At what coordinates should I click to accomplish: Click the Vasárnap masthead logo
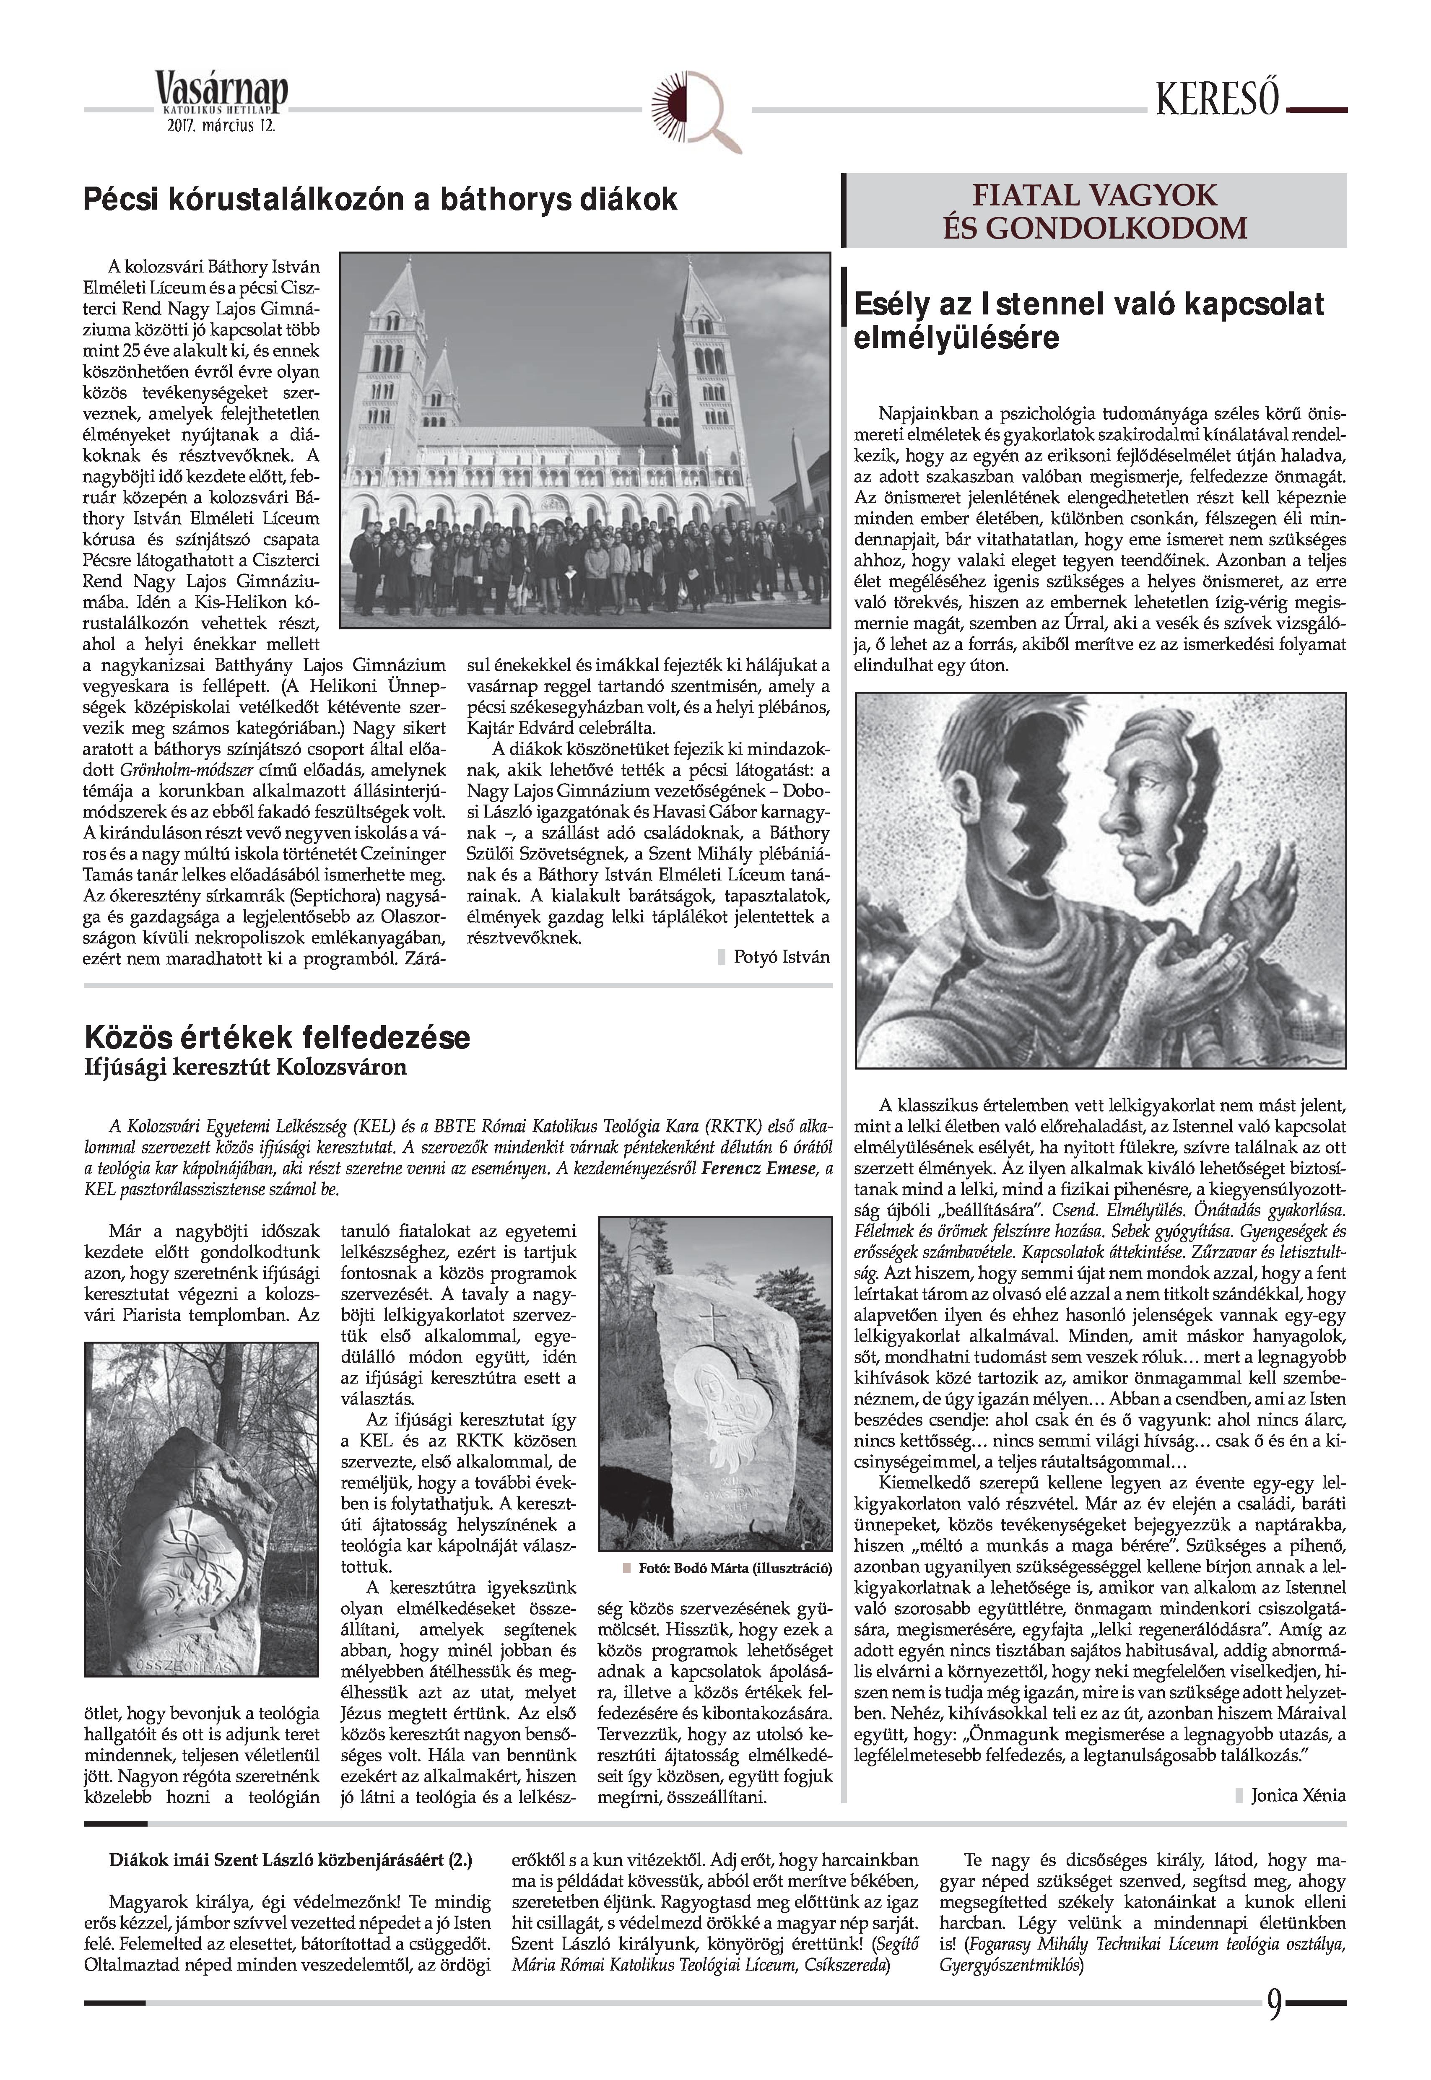click(x=221, y=93)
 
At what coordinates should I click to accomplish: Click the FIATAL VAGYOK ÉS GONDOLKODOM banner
click(x=1095, y=212)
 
